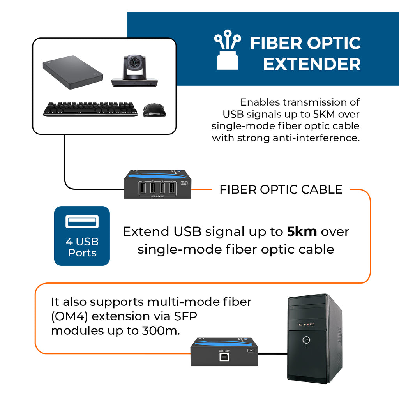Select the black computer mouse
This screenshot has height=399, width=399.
click(x=154, y=110)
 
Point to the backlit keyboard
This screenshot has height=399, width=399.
click(x=90, y=109)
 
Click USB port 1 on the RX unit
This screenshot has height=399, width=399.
click(x=143, y=189)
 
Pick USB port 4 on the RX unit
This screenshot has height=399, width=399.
click(x=172, y=189)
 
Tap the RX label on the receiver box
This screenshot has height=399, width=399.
click(x=184, y=183)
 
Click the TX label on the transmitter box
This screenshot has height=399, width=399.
click(x=251, y=351)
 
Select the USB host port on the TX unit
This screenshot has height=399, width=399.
click(x=224, y=357)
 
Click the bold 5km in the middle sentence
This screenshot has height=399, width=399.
click(x=302, y=231)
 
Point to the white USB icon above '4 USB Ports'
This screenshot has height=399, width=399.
click(x=82, y=222)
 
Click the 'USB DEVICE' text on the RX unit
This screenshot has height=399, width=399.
click(x=157, y=196)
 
